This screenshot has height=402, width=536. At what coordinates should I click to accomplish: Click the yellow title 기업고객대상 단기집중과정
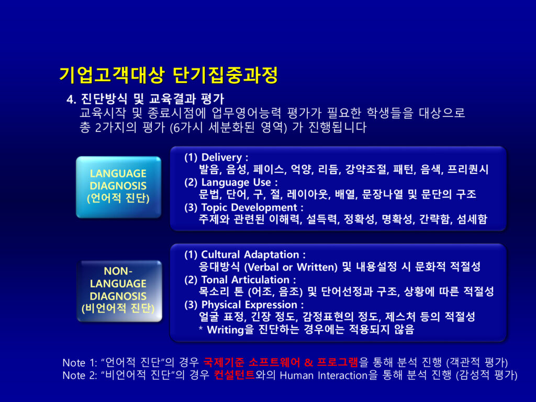[169, 75]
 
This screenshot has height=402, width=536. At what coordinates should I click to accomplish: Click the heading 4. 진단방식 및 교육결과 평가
[146, 99]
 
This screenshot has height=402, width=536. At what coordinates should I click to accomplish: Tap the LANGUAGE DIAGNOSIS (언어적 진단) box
[118, 187]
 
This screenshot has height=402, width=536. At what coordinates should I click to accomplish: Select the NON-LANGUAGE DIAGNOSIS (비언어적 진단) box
[119, 291]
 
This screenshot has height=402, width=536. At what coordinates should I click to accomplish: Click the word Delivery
[221, 158]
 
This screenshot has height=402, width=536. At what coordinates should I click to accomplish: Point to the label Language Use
[236, 182]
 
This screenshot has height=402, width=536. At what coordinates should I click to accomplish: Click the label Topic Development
[249, 207]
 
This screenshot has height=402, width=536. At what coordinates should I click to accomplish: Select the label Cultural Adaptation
[250, 255]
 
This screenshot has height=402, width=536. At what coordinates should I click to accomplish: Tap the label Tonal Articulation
[245, 280]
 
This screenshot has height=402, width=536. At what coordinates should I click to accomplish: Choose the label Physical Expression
[249, 305]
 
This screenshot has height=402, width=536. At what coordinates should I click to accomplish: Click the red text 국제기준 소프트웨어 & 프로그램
[281, 362]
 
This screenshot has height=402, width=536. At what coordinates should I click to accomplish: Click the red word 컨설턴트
[234, 375]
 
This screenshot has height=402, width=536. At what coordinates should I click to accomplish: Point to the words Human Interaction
[323, 375]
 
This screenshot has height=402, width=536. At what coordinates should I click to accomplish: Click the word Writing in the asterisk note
[226, 330]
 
